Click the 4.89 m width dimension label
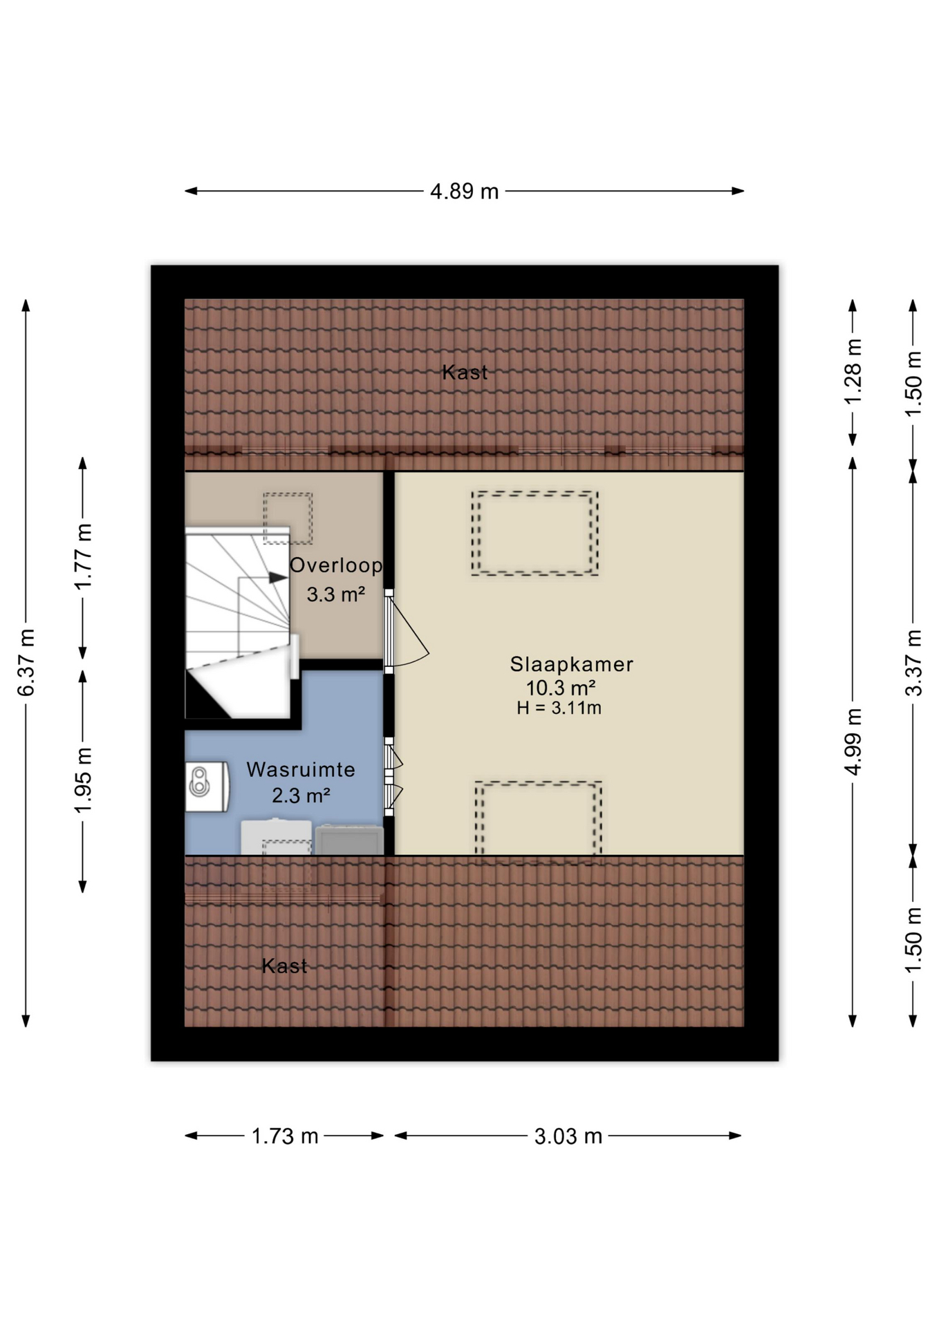(x=464, y=191)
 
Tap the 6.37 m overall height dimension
(x=26, y=662)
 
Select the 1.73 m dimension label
(x=284, y=1136)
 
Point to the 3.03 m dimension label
(x=568, y=1136)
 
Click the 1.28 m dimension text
(x=853, y=372)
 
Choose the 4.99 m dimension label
(x=853, y=742)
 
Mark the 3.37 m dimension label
(x=913, y=662)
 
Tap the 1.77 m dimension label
(x=83, y=557)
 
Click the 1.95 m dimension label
(x=83, y=780)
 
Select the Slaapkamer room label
(x=571, y=664)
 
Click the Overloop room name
(x=336, y=565)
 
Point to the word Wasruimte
(x=301, y=769)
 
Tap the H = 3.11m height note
(x=559, y=708)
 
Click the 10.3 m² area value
(x=561, y=688)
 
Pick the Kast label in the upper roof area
(x=465, y=373)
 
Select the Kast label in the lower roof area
(x=284, y=966)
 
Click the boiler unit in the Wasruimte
(x=207, y=786)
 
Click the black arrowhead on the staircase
(x=279, y=577)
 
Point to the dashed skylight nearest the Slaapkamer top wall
(x=534, y=533)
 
